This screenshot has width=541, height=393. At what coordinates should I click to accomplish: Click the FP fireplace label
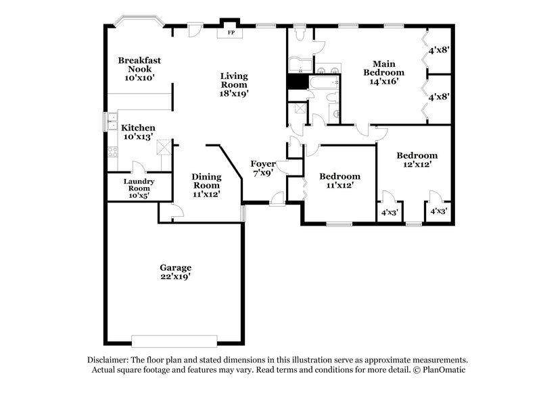click(230, 32)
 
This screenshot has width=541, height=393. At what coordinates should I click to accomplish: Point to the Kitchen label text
click(138, 128)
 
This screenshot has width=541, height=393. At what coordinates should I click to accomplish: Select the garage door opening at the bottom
click(175, 340)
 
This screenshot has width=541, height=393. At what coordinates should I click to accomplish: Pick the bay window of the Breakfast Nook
click(139, 21)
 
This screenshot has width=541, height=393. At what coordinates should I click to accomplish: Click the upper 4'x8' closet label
click(438, 49)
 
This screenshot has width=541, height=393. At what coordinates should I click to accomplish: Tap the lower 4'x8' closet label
click(438, 97)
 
